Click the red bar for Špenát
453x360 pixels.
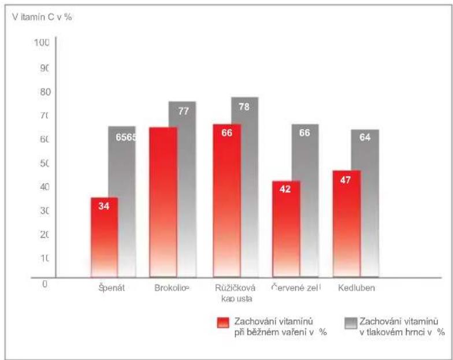104,238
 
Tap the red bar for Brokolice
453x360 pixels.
163,202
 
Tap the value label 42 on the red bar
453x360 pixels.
285,189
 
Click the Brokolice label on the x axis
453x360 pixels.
172,287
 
